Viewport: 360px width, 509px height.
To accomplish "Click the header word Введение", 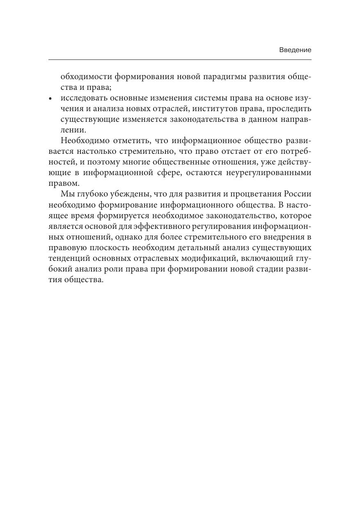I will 295,50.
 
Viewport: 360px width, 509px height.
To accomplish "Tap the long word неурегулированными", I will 271,173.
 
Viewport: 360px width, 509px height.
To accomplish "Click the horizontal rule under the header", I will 180,60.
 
